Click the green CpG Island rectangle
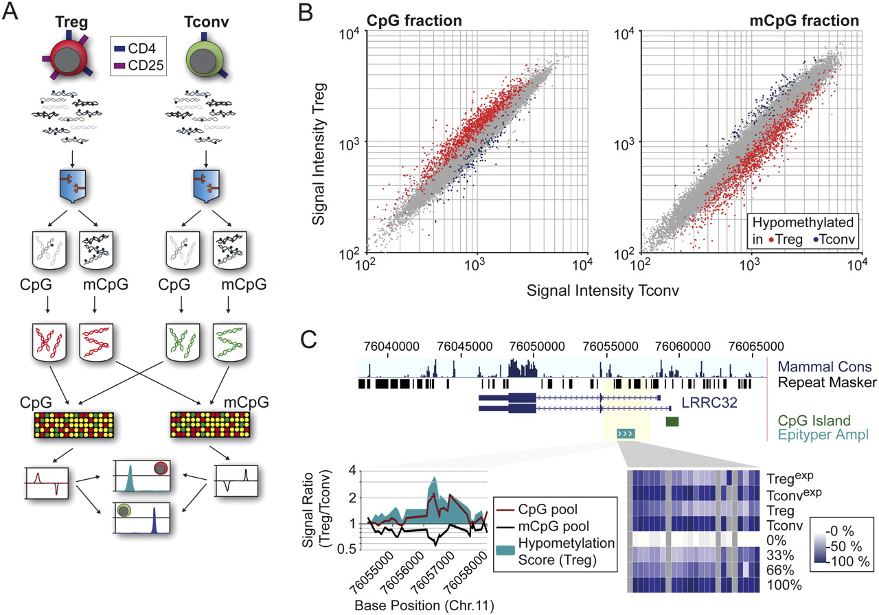coord(672,421)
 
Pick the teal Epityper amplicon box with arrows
coord(626,433)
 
